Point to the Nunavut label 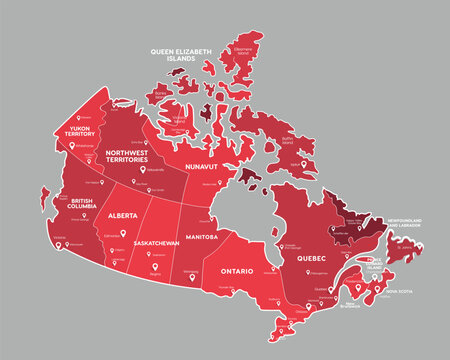202,167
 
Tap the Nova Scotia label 398,292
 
